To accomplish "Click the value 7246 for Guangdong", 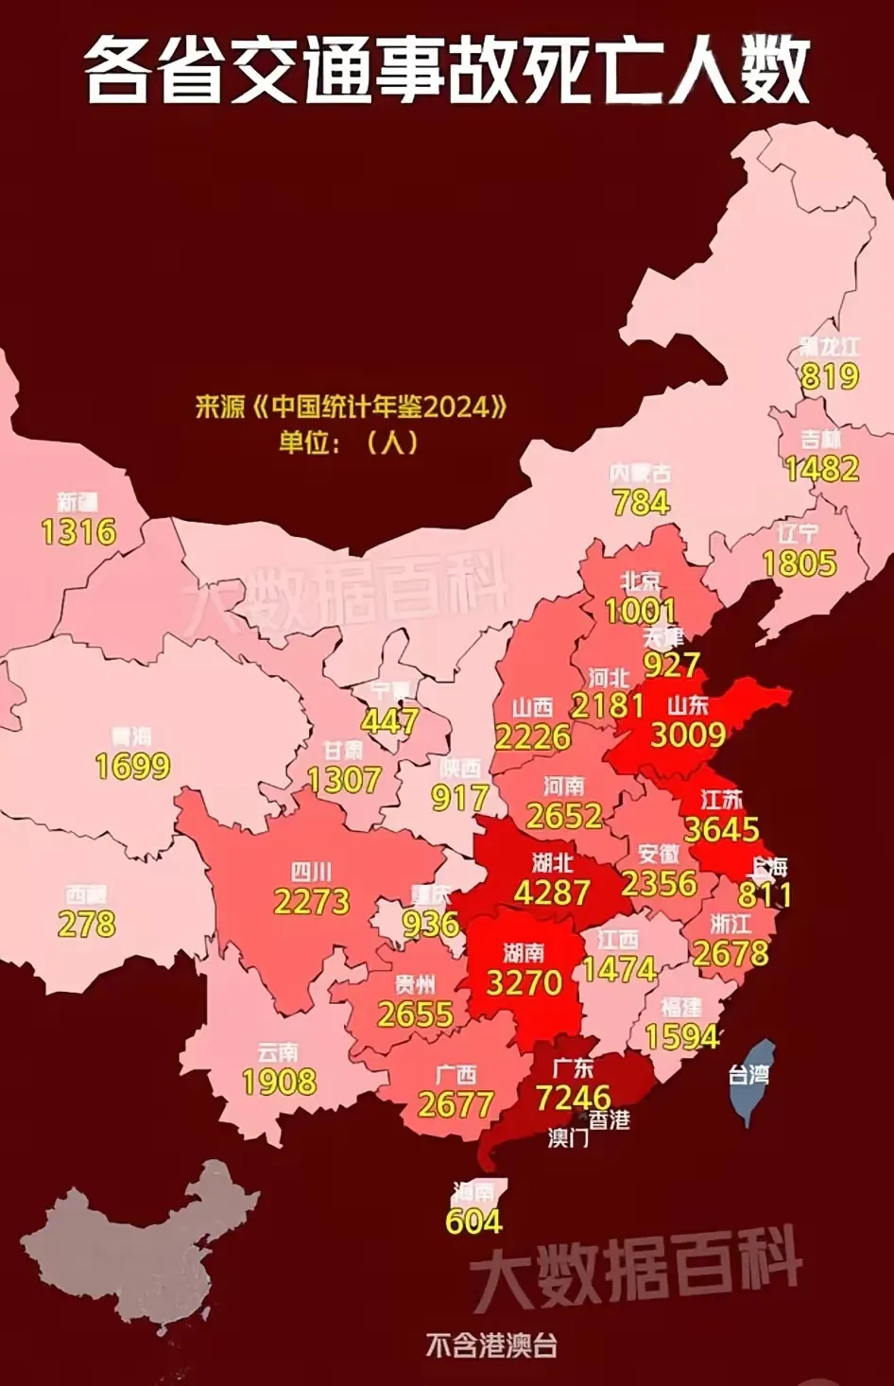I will (x=573, y=1098).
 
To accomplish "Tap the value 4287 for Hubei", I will (x=552, y=892).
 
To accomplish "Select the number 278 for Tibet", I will (x=87, y=924).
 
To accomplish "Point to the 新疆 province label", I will (x=77, y=502).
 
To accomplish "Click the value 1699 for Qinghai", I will (x=132, y=766).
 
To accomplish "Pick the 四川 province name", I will (x=311, y=872).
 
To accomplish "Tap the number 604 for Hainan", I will (x=473, y=1221).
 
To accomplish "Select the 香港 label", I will (x=610, y=1120).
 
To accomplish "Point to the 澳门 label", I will (x=568, y=1137).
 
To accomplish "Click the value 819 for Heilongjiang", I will (x=830, y=376).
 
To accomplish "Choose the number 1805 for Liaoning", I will (x=799, y=563).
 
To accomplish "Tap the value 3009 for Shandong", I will (x=688, y=735).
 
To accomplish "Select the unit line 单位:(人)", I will (x=348, y=442).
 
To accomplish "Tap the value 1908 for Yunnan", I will (x=279, y=1082).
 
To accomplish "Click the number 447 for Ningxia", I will (x=389, y=721).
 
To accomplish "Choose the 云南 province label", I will (x=278, y=1052).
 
